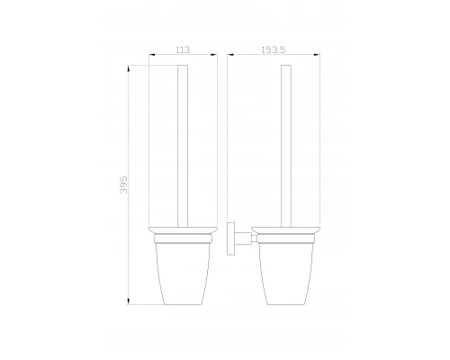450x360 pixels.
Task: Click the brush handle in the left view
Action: coord(184,144)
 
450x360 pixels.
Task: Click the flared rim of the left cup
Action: coord(184,230)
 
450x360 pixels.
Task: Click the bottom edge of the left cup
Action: coord(184,302)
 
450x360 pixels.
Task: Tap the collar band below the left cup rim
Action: coord(184,239)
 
